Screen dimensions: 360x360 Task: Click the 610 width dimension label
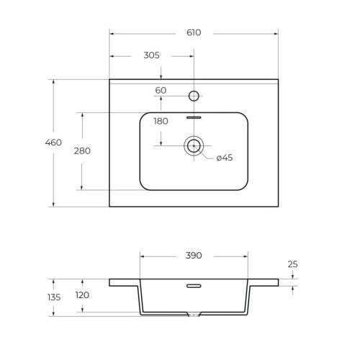point(194,32)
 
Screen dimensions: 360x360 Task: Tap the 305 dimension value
point(151,55)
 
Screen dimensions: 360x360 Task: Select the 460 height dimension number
point(53,143)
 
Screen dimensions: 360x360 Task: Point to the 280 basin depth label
point(82,151)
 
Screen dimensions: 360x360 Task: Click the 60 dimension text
point(161,91)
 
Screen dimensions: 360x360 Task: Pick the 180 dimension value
point(161,121)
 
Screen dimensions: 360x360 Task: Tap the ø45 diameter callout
point(225,158)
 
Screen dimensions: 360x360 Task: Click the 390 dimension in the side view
point(194,256)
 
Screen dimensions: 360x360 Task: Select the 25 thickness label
point(292,264)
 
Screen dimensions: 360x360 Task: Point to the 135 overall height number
point(54,297)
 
